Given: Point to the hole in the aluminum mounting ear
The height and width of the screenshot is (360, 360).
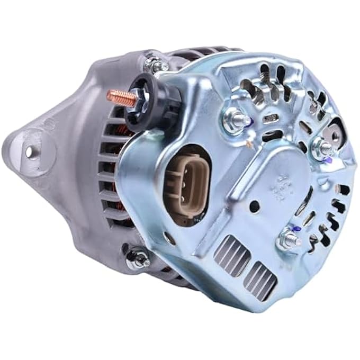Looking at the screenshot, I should pyautogui.click(x=30, y=152).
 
